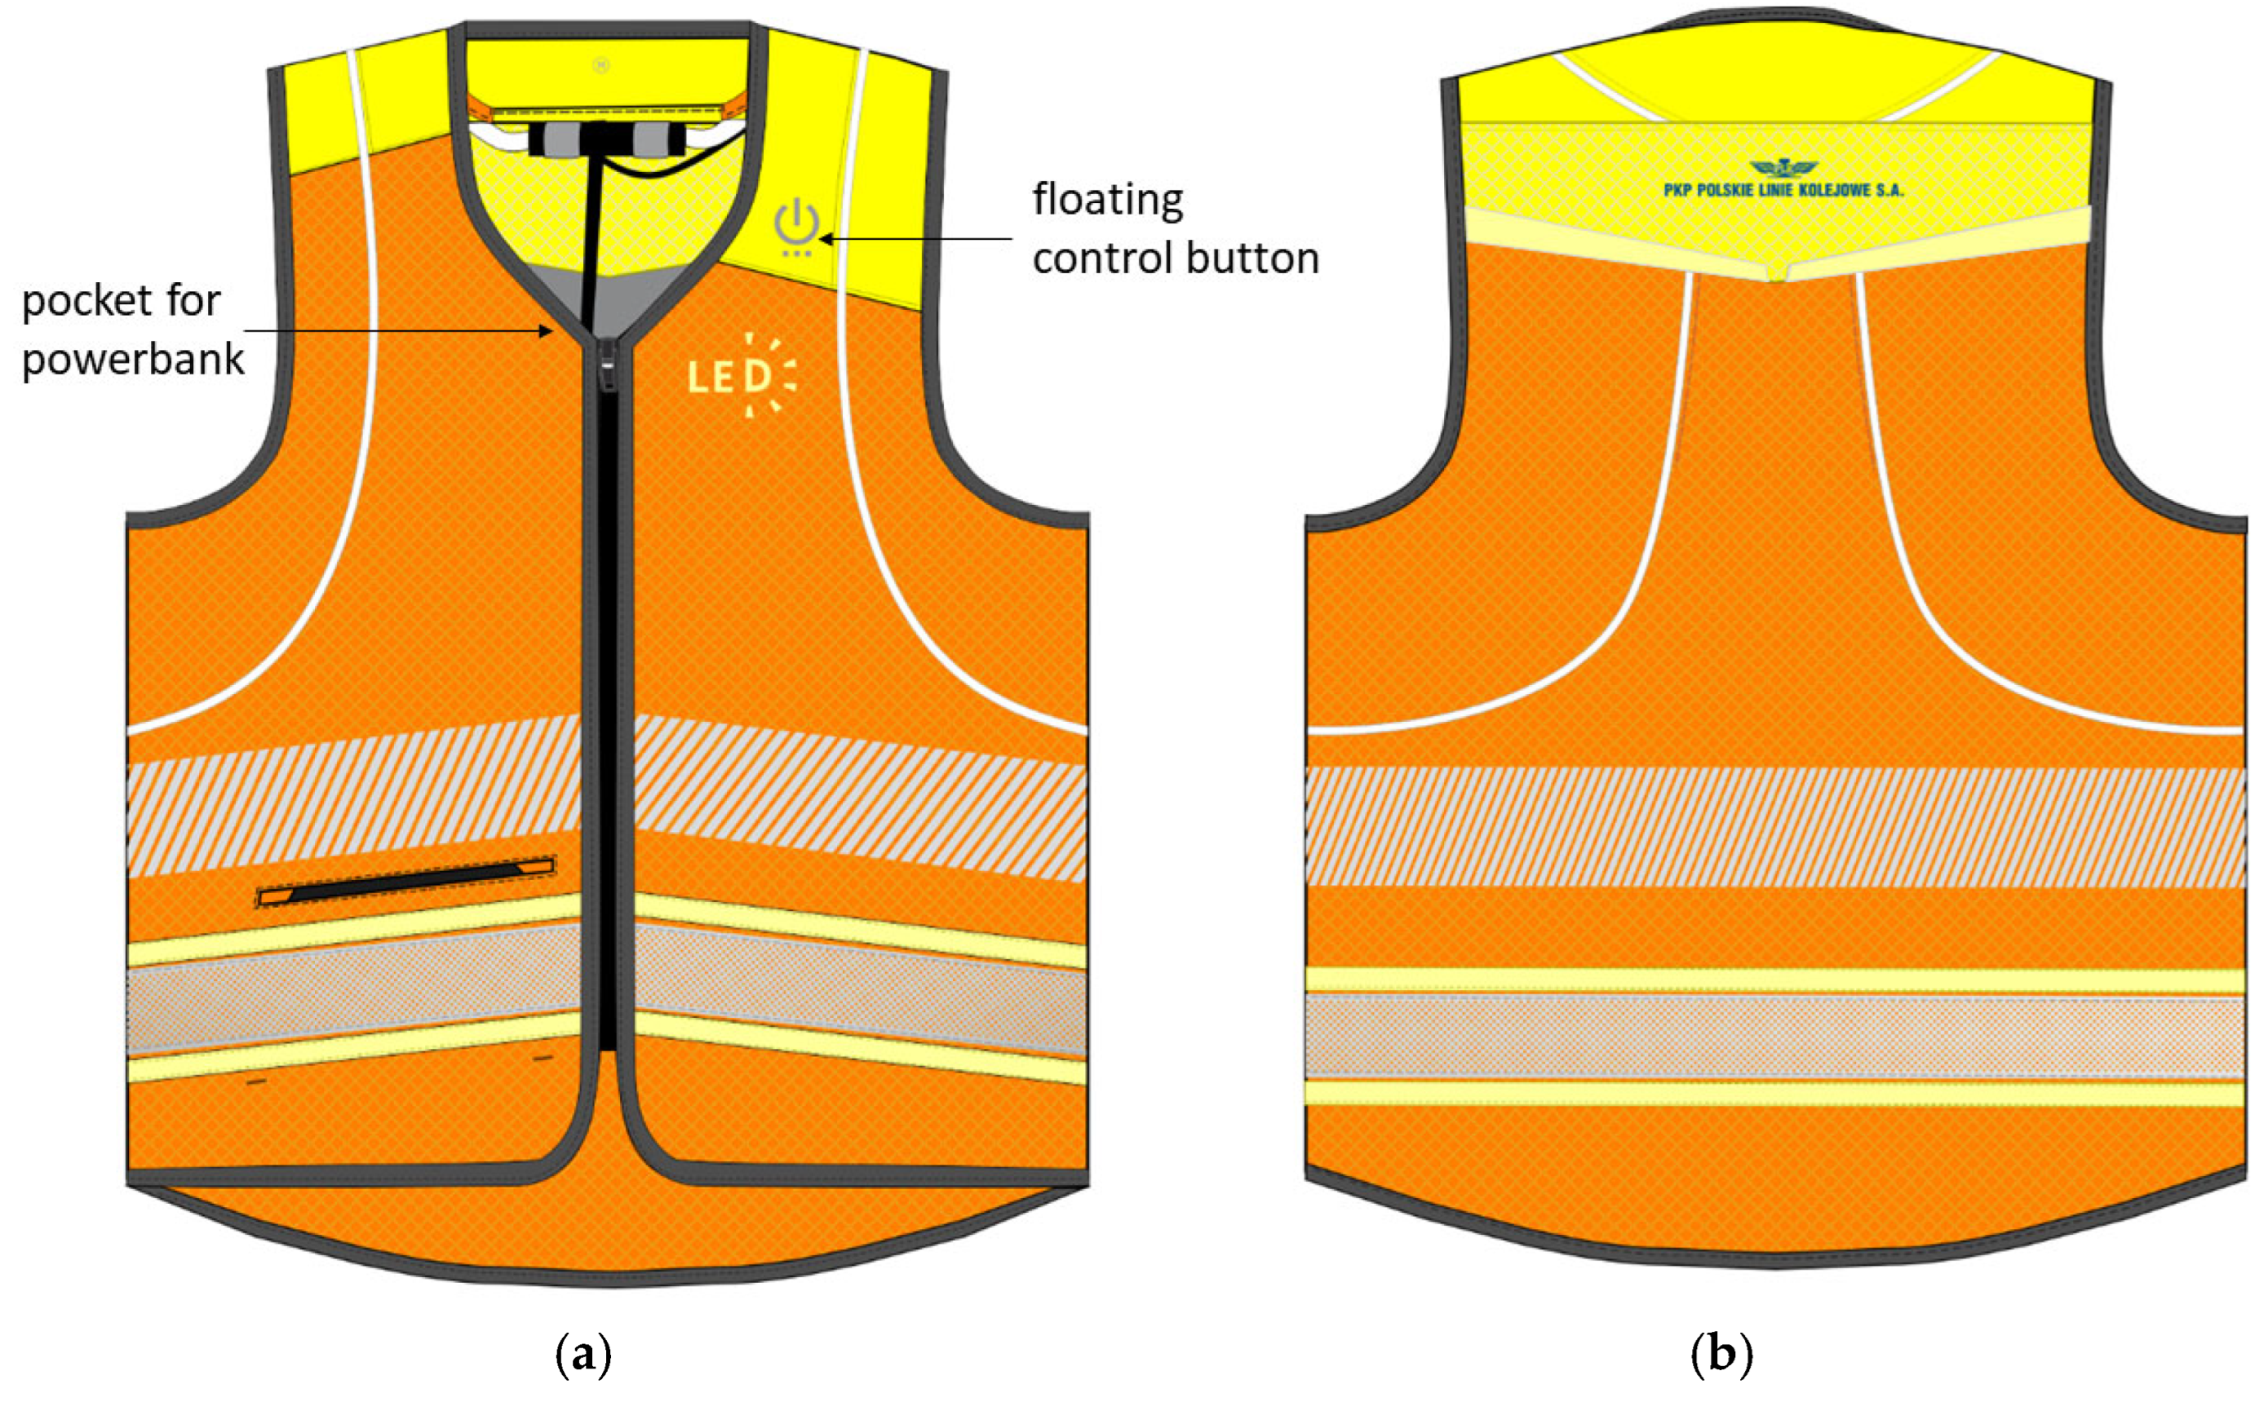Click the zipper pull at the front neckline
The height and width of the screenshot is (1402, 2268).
(609, 365)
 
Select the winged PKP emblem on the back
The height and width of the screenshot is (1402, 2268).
(1782, 169)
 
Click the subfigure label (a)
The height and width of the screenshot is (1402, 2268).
(583, 1356)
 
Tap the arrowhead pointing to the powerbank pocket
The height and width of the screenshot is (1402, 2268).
(547, 331)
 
